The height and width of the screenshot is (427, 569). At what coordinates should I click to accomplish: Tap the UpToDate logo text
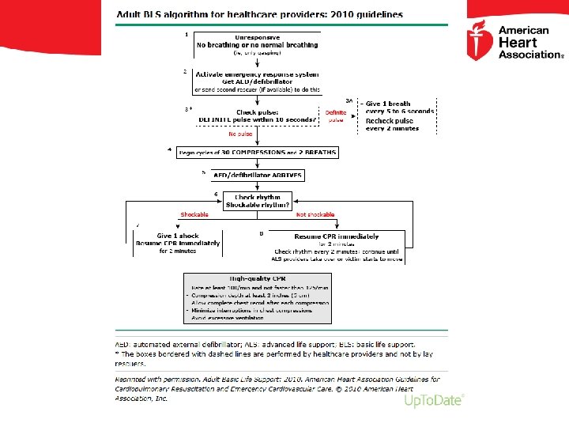click(433, 401)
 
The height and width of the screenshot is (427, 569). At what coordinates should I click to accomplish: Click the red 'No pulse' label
click(239, 134)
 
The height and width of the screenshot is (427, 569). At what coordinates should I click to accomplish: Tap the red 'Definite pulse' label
click(336, 115)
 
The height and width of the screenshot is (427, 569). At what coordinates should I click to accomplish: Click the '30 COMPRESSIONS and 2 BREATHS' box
click(258, 152)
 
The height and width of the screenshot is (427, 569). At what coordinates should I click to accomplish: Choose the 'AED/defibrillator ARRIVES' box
click(258, 175)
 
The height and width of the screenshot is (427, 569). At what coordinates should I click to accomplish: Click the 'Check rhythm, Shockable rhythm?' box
click(258, 201)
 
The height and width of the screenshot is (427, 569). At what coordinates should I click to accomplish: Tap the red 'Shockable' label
click(194, 214)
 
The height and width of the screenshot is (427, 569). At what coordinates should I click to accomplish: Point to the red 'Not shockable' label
click(315, 214)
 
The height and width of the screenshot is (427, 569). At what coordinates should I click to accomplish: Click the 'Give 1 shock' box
click(178, 243)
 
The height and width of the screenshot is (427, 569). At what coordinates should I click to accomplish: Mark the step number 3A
click(351, 100)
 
